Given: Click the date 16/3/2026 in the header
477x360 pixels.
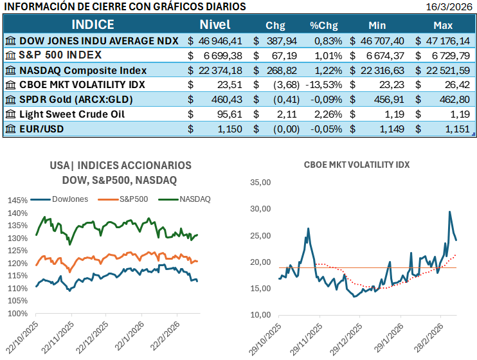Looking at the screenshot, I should (x=450, y=7).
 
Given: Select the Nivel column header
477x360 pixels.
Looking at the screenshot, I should (x=215, y=25).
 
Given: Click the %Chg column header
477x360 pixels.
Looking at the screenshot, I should (x=323, y=26).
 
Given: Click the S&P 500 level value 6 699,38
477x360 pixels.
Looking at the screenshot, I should (x=223, y=55).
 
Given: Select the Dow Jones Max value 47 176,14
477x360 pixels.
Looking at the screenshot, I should (x=449, y=40).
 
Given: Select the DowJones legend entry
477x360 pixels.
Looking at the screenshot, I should (x=69, y=198).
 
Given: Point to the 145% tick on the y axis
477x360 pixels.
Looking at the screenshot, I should (x=17, y=201).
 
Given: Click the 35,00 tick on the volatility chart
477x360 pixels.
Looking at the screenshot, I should (x=260, y=182).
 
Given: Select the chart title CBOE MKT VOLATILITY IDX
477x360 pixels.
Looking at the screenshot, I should (x=357, y=165).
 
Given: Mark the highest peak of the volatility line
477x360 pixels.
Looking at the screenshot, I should (x=449, y=212).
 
